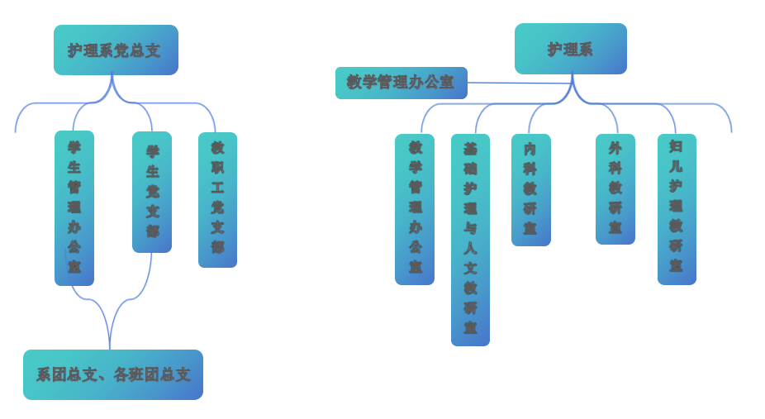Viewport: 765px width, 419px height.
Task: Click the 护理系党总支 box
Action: (x=116, y=50)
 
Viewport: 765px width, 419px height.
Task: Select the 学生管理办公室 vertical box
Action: (x=74, y=207)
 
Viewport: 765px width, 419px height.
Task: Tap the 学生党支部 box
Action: (x=152, y=192)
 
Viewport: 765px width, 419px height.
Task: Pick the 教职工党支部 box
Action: (x=217, y=199)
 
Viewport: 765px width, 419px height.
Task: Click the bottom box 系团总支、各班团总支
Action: (x=113, y=374)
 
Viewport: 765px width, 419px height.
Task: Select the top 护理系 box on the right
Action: (x=570, y=49)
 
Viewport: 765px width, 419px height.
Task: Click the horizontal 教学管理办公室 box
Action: (x=401, y=83)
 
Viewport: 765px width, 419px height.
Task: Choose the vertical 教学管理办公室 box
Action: (x=415, y=209)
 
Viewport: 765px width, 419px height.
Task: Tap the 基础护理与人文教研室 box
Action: (x=470, y=240)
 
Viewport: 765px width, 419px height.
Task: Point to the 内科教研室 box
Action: (x=530, y=189)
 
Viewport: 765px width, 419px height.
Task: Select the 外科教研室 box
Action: (x=615, y=188)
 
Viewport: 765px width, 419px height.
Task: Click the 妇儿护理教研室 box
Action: (x=677, y=209)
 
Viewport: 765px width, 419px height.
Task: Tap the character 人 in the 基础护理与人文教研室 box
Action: (x=470, y=248)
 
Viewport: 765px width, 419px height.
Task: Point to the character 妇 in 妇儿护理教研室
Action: (x=676, y=146)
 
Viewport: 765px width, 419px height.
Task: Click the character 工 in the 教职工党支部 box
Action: (x=217, y=188)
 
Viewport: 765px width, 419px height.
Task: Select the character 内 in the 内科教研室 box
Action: (x=530, y=149)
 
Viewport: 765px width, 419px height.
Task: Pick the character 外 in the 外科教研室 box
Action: (x=615, y=148)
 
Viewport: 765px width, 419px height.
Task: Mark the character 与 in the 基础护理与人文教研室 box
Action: (x=470, y=228)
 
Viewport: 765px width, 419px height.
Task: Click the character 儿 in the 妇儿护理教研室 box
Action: (x=676, y=166)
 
